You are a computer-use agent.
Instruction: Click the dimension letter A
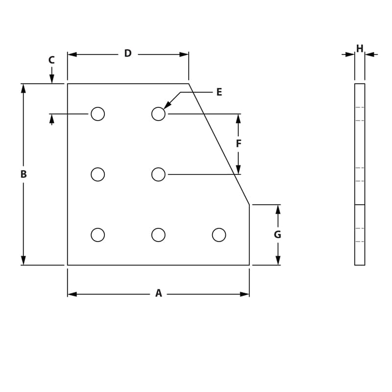158,294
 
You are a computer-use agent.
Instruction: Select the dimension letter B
23,174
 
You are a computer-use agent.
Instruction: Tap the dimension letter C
51,60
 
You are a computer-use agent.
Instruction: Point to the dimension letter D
128,53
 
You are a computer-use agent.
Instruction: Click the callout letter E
219,92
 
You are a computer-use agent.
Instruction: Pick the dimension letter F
239,144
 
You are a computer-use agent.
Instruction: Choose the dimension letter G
277,235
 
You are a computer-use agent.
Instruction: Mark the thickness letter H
360,49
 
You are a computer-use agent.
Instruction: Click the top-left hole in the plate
98,114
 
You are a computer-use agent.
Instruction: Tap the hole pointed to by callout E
158,114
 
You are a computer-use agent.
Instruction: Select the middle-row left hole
98,174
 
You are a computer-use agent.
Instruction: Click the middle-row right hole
158,174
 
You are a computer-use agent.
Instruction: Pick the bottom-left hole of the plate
98,235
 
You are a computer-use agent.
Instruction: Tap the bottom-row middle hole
158,235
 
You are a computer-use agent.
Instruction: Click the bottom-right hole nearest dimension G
219,235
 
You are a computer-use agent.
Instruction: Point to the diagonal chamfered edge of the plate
219,144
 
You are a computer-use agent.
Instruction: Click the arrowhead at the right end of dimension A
245,294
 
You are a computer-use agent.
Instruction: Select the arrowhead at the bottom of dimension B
23,260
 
